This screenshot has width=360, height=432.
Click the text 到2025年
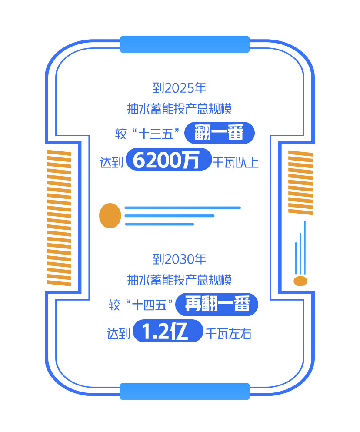pyautogui.click(x=179, y=88)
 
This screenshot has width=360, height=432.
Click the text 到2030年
pyautogui.click(x=179, y=260)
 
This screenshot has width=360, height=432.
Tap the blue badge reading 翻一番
pyautogui.click(x=219, y=133)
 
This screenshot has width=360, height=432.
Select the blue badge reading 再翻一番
pyautogui.click(x=217, y=304)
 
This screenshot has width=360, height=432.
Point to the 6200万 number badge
pyautogui.click(x=168, y=160)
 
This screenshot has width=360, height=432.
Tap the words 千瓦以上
pyautogui.click(x=235, y=163)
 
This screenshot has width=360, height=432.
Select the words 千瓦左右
pyautogui.click(x=228, y=334)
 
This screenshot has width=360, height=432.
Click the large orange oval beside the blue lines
pyautogui.click(x=110, y=216)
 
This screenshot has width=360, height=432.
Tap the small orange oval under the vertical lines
pyautogui.click(x=300, y=281)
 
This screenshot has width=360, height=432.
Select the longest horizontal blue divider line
pyautogui.click(x=183, y=208)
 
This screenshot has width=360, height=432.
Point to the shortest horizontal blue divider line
pyautogui.click(x=159, y=224)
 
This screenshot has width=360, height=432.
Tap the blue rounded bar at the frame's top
pyautogui.click(x=185, y=44)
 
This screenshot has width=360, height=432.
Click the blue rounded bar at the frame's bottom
pyautogui.click(x=185, y=391)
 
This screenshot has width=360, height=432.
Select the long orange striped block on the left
pyautogui.click(x=59, y=218)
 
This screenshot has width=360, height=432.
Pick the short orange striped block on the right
pyautogui.click(x=300, y=182)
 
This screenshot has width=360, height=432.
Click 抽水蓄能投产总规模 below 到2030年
pyautogui.click(x=179, y=280)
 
